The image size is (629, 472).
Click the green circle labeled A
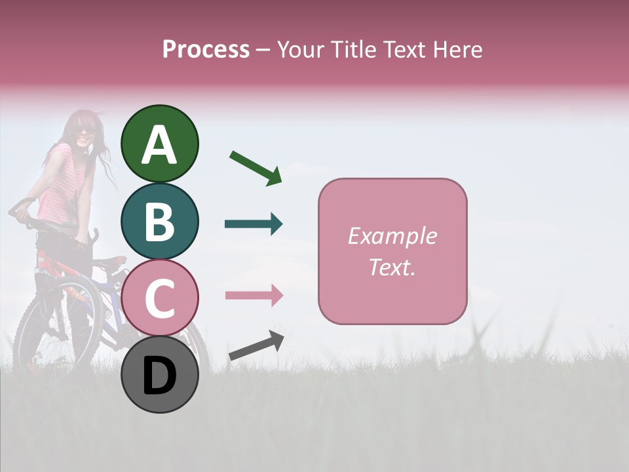pyautogui.click(x=160, y=144)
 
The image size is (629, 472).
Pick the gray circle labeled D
pyautogui.click(x=160, y=374)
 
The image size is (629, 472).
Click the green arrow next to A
pyautogui.click(x=256, y=168)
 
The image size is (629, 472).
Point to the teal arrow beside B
pyautogui.click(x=254, y=224)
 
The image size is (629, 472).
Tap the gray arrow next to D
pyautogui.click(x=256, y=345)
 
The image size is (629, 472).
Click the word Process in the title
pyautogui.click(x=206, y=50)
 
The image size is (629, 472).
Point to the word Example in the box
pyautogui.click(x=392, y=236)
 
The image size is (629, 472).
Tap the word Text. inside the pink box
pyautogui.click(x=392, y=267)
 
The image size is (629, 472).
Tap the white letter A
pyautogui.click(x=160, y=145)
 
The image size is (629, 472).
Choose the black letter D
pyautogui.click(x=160, y=376)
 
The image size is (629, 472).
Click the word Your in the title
pyautogui.click(x=297, y=50)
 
